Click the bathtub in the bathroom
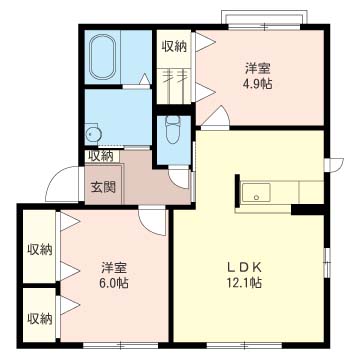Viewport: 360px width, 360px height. (x=102, y=57)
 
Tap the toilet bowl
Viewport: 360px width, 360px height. (x=172, y=130)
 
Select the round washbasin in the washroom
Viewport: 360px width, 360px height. (x=92, y=134)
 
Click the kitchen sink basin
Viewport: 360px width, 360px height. (x=256, y=192)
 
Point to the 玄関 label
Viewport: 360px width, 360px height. (x=103, y=187)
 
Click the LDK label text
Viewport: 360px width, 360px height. (x=244, y=267)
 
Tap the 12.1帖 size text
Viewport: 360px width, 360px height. (x=244, y=283)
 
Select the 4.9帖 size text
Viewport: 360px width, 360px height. (x=257, y=84)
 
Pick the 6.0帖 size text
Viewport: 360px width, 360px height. (x=114, y=283)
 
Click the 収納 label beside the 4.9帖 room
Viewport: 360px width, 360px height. (x=174, y=47)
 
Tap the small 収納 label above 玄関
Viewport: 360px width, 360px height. (x=100, y=156)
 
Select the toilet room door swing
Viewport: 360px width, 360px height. (x=179, y=178)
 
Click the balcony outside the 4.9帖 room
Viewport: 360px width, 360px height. (x=264, y=17)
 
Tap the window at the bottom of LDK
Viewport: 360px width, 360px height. (x=245, y=345)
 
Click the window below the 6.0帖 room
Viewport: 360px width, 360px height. (x=120, y=345)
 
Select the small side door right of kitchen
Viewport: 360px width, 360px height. (x=333, y=164)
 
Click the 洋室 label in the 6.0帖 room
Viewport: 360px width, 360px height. (x=114, y=268)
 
